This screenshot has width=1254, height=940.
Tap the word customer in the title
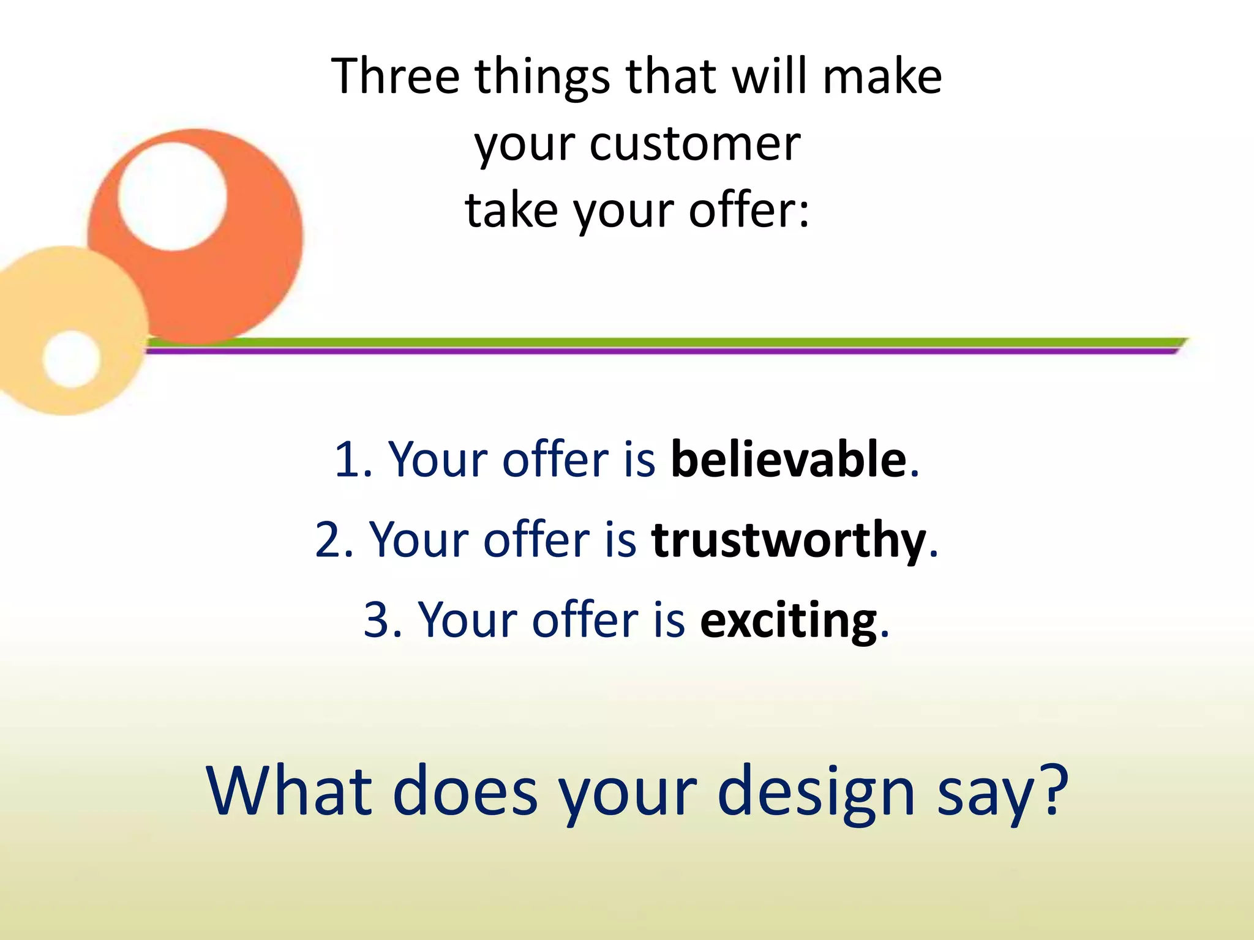coord(694,144)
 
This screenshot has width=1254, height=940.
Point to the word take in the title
coord(511,210)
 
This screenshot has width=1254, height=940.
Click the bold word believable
coord(788,459)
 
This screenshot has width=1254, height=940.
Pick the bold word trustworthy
coord(789,540)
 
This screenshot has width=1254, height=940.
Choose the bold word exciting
coord(789,620)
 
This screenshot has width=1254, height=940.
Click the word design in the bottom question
coord(816,793)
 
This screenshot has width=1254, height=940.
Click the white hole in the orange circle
coord(172,196)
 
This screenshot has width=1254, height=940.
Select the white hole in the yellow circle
coord(71,359)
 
